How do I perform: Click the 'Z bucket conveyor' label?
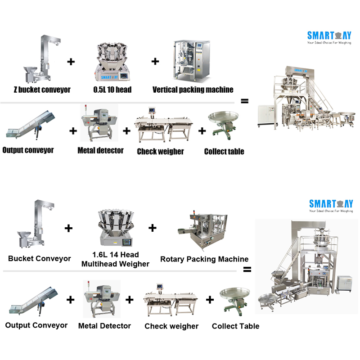[x=42, y=90]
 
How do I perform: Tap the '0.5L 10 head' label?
[x=112, y=90]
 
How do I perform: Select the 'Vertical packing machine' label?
[x=193, y=90]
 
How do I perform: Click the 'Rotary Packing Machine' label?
[x=204, y=259]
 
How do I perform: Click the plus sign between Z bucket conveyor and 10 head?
[x=71, y=62]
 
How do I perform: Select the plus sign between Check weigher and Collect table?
[x=202, y=131]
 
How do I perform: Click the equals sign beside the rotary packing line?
[x=247, y=270]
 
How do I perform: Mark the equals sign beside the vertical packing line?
[x=244, y=101]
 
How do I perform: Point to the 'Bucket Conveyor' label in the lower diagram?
[x=40, y=259]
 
